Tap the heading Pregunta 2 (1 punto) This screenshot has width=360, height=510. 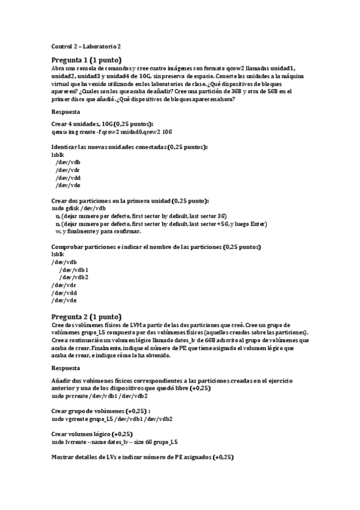(87, 316)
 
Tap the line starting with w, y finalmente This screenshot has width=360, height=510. (98, 231)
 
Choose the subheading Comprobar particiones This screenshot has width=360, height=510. (156, 247)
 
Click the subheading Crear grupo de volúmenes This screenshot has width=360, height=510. (99, 411)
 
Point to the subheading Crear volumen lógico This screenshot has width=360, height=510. (91, 434)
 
